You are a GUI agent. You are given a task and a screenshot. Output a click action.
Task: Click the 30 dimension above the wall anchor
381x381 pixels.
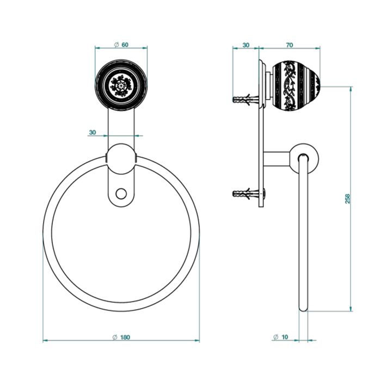click(x=245, y=45)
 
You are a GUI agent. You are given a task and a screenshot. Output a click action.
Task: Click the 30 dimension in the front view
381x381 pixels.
click(x=92, y=132)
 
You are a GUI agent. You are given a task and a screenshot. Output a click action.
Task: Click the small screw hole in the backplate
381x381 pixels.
click(x=121, y=192)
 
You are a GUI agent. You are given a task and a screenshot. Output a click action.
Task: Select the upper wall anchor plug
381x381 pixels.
click(x=243, y=100)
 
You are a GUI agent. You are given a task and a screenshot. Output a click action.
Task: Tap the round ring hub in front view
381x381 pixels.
click(x=121, y=158)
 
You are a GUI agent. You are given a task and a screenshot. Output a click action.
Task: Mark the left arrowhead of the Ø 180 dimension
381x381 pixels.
click(x=45, y=341)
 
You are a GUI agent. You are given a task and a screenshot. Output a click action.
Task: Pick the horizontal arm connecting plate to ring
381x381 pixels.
click(x=279, y=158)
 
